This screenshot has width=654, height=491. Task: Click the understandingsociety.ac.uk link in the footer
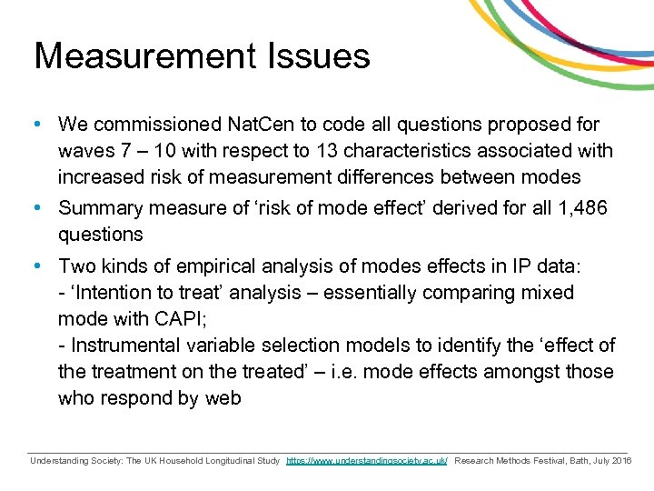click(x=366, y=461)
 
